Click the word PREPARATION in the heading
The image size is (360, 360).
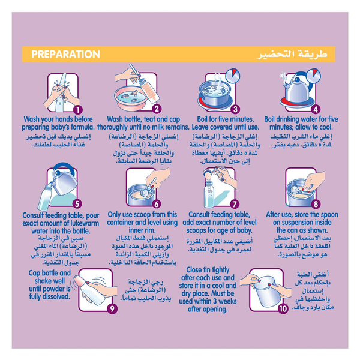point(65,54)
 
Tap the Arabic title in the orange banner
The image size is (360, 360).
point(292,55)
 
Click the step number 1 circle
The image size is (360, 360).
point(78,110)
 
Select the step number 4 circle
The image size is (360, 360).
point(316,109)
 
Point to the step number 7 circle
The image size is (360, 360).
point(235,204)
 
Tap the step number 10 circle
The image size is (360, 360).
point(283,308)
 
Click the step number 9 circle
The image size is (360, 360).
point(112,308)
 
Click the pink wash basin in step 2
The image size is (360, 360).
point(131,98)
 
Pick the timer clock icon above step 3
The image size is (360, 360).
point(233,75)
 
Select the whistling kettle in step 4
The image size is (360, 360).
point(298,88)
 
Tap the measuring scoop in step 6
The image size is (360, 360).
point(148,188)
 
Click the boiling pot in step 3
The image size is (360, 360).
point(215,95)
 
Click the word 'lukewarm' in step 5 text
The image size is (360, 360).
point(85,223)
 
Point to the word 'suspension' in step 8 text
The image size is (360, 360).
point(302,223)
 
